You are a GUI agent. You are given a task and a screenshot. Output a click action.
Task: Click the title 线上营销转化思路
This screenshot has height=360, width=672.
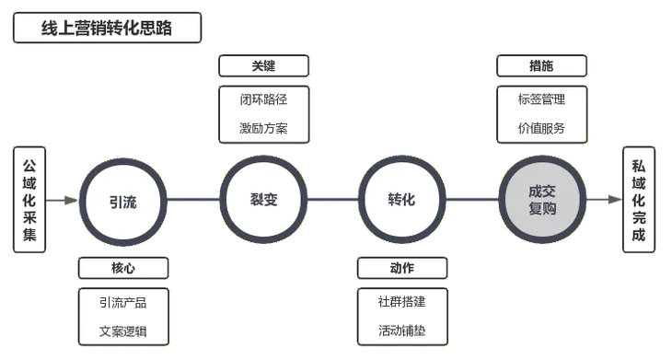108,29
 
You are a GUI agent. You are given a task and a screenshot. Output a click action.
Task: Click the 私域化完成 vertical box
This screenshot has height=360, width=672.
639,199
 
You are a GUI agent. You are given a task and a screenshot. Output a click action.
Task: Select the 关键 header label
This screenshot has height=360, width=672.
262,66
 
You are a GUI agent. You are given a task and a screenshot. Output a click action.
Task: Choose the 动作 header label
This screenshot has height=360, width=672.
402,268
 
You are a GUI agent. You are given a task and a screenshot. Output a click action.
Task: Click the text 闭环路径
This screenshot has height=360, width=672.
262,99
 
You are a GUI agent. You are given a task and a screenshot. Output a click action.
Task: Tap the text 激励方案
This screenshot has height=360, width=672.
262,128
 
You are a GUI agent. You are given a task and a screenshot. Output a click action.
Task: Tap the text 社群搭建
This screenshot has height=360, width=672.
402,301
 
